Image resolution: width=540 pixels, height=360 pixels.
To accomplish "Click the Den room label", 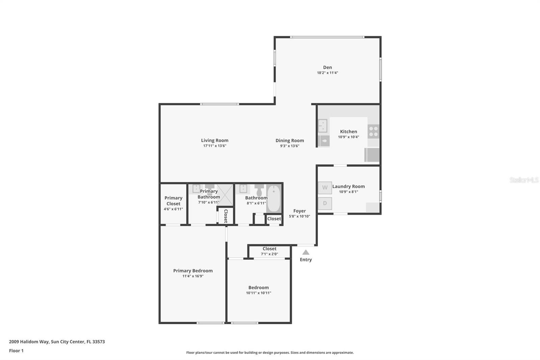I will [x=327, y=67].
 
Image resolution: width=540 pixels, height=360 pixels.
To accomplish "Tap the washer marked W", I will [x=325, y=188].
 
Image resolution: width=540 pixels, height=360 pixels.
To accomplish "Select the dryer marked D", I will [x=325, y=203].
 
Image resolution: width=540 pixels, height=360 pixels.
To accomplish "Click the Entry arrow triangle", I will [x=306, y=252].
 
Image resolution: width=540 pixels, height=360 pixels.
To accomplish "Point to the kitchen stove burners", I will [x=373, y=131].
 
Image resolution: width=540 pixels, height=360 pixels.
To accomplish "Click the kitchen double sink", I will [x=323, y=126].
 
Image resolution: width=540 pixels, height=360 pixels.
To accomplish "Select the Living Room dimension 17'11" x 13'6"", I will [x=215, y=146].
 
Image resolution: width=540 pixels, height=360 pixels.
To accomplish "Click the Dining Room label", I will [x=290, y=140].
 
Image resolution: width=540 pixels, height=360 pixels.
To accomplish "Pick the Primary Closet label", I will [x=173, y=201].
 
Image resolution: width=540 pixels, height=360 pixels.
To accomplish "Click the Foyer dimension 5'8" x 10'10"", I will [x=299, y=216].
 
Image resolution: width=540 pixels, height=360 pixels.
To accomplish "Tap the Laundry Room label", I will [x=348, y=186].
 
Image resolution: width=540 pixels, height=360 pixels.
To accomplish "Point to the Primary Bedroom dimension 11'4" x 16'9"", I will [x=193, y=276].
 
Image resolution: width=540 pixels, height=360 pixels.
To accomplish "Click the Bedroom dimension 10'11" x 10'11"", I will [x=259, y=293].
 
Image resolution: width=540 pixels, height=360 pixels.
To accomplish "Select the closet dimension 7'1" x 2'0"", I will [x=269, y=254].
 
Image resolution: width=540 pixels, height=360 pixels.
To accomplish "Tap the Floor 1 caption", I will [x=16, y=351].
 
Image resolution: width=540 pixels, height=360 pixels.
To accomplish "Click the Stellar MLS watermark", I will [x=524, y=180].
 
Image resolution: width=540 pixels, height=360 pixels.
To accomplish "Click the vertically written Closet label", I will [x=226, y=216].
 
